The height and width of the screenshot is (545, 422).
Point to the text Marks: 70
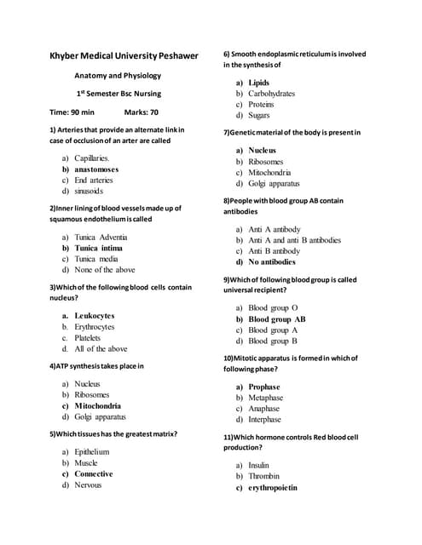142,112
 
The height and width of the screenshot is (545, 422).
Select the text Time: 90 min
72,112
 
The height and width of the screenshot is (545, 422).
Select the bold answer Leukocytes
95,316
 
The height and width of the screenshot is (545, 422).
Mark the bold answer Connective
94,473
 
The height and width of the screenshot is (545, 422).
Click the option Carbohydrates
271,94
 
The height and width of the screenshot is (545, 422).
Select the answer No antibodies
272,262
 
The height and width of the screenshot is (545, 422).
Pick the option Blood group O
273,307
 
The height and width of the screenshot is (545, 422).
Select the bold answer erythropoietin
273,488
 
